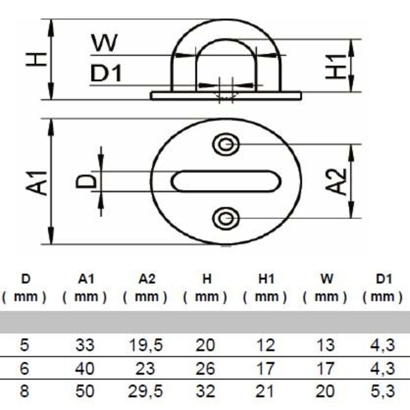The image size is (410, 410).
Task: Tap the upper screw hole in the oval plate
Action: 226,144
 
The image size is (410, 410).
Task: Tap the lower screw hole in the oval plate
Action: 226,219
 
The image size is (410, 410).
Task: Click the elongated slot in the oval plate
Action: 226,181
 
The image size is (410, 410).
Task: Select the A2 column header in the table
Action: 145,279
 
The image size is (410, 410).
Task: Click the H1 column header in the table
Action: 265,279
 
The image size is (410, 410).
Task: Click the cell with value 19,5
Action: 145,345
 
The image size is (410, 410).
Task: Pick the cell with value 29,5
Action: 145,391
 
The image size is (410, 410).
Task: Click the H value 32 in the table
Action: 205,391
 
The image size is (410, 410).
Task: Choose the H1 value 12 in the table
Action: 265,345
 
